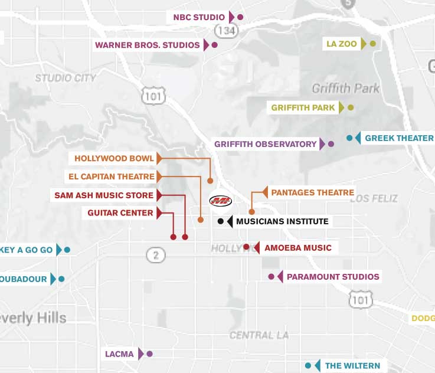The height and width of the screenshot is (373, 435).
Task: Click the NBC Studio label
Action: [x=199, y=17]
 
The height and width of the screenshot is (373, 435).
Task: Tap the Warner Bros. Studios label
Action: [x=148, y=45]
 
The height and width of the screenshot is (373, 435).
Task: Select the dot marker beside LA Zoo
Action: [x=372, y=44]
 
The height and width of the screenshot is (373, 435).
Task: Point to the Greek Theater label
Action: [x=399, y=138]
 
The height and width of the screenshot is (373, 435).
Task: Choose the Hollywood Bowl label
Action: [x=114, y=158]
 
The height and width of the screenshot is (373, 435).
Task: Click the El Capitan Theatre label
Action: [x=111, y=176]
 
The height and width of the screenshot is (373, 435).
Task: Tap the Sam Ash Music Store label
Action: [x=104, y=195]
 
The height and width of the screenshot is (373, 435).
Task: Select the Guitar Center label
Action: [x=120, y=213]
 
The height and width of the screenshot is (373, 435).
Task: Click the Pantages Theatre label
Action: [x=312, y=192]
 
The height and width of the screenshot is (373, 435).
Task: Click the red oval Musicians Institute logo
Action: [x=221, y=201]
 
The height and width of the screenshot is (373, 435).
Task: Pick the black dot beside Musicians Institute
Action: [x=221, y=221]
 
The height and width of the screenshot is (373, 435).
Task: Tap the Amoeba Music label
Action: [x=297, y=248]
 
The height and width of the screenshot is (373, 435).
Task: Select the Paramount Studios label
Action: [x=333, y=276]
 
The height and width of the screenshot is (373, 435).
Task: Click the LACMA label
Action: [x=119, y=354]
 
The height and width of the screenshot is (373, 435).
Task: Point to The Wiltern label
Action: [x=352, y=366]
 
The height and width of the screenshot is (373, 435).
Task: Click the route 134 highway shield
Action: [x=226, y=30]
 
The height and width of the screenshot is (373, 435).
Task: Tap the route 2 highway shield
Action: [x=155, y=255]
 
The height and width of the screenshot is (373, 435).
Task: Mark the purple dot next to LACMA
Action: [x=149, y=354]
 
